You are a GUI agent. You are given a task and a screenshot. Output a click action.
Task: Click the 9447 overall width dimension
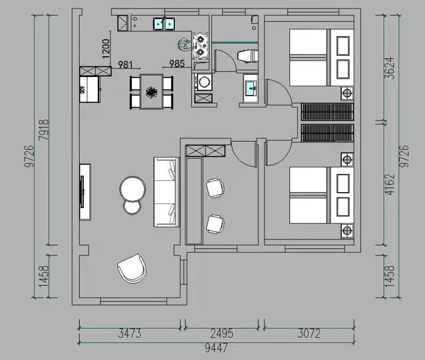tap(216, 348)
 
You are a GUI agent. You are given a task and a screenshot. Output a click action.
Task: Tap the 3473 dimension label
tap(130, 333)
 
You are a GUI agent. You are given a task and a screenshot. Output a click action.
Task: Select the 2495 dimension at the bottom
tap(222, 333)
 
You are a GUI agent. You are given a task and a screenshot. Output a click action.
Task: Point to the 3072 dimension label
tap(309, 333)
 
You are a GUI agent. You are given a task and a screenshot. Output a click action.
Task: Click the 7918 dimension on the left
tap(44, 130)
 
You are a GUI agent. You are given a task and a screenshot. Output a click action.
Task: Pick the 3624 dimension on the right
tap(390, 68)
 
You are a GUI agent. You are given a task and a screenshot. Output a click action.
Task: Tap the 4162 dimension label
tap(390, 184)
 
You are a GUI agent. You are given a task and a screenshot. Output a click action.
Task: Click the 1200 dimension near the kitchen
tap(106, 49)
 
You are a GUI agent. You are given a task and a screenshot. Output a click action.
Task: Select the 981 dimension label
tap(125, 65)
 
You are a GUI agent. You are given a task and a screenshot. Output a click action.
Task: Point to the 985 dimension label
tap(177, 64)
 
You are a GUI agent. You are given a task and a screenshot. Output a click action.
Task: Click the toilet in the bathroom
tap(248, 56)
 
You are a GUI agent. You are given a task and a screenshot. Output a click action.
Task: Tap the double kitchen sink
tap(164, 24)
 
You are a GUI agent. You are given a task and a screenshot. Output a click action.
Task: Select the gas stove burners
tap(201, 45)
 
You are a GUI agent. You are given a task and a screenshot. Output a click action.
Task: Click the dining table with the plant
tap(151, 91)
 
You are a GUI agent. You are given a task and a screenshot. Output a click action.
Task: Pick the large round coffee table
tap(132, 189)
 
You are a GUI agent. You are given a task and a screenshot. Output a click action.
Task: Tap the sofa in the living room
tap(166, 192)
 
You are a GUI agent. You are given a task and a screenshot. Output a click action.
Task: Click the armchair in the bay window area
tap(132, 269)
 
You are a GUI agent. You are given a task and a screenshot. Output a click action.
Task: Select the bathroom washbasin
tap(251, 89)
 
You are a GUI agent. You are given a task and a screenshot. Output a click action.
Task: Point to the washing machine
tap(203, 82)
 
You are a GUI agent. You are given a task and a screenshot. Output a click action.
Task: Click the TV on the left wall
tap(82, 192)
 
